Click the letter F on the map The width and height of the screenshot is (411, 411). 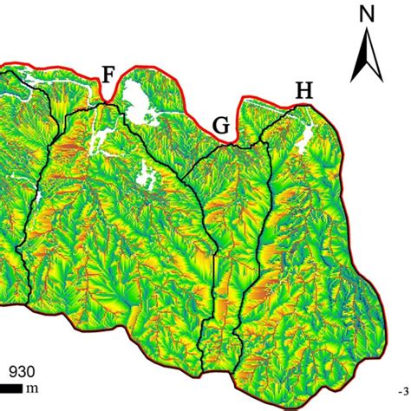(x=108, y=75)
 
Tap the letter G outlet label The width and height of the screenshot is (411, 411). (x=221, y=126)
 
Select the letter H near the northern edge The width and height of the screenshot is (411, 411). (x=303, y=90)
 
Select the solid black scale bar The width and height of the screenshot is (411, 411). (x=10, y=388)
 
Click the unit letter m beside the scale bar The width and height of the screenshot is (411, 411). (x=32, y=388)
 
